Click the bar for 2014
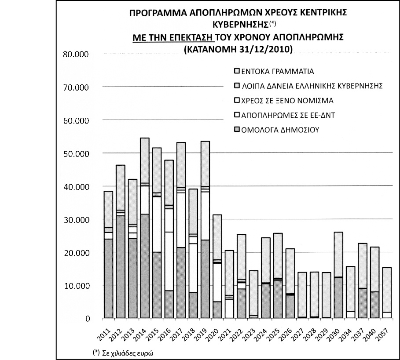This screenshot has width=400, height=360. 144,228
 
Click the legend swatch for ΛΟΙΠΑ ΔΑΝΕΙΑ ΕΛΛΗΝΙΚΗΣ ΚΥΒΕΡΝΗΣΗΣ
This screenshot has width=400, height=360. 237,86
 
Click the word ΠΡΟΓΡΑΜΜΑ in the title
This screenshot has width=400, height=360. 163,13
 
